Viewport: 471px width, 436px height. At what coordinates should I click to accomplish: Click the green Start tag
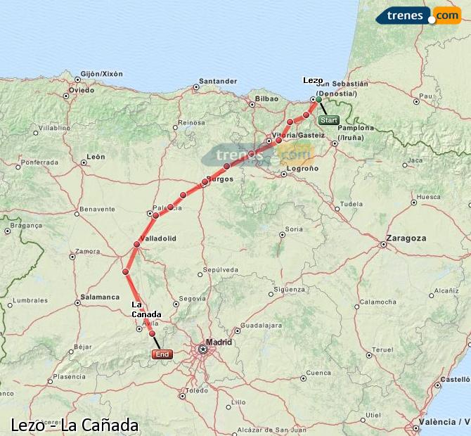coord(329,120)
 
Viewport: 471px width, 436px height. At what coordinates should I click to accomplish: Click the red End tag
coord(162,355)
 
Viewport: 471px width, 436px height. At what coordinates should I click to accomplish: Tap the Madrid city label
coord(219,342)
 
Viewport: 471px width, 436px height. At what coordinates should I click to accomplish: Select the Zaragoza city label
coord(407,238)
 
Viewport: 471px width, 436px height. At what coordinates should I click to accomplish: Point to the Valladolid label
coord(158,239)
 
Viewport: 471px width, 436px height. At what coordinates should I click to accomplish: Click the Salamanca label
coord(100,297)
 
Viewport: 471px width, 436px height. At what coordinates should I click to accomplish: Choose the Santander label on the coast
coord(217,81)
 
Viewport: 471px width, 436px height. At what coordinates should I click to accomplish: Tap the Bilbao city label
coord(267,99)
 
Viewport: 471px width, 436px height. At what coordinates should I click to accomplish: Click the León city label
coord(95,157)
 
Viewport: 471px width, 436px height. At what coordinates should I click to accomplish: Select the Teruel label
coord(382,350)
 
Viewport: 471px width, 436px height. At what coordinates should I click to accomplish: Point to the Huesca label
coord(428,198)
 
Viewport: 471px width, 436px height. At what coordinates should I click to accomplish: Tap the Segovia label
coord(193,298)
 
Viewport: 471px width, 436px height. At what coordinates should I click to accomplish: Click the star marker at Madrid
coord(203,348)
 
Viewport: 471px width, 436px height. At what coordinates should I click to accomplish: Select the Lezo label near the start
coord(313,81)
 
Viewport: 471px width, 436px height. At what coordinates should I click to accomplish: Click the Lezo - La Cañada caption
coord(75,425)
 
